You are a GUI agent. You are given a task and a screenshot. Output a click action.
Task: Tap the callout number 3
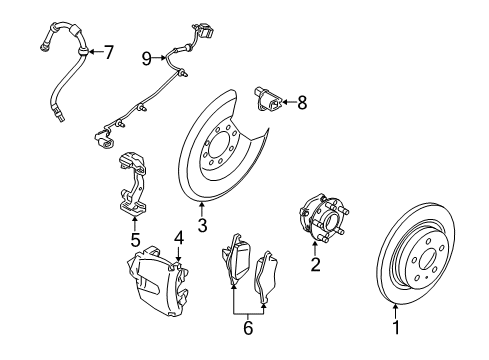point(202,227)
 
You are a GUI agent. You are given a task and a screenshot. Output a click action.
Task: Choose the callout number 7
point(110,50)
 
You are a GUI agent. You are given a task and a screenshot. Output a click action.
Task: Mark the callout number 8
point(302,100)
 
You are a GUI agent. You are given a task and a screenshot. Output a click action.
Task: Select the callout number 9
point(145,59)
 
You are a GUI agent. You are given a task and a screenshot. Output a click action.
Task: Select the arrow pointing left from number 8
point(288,100)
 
